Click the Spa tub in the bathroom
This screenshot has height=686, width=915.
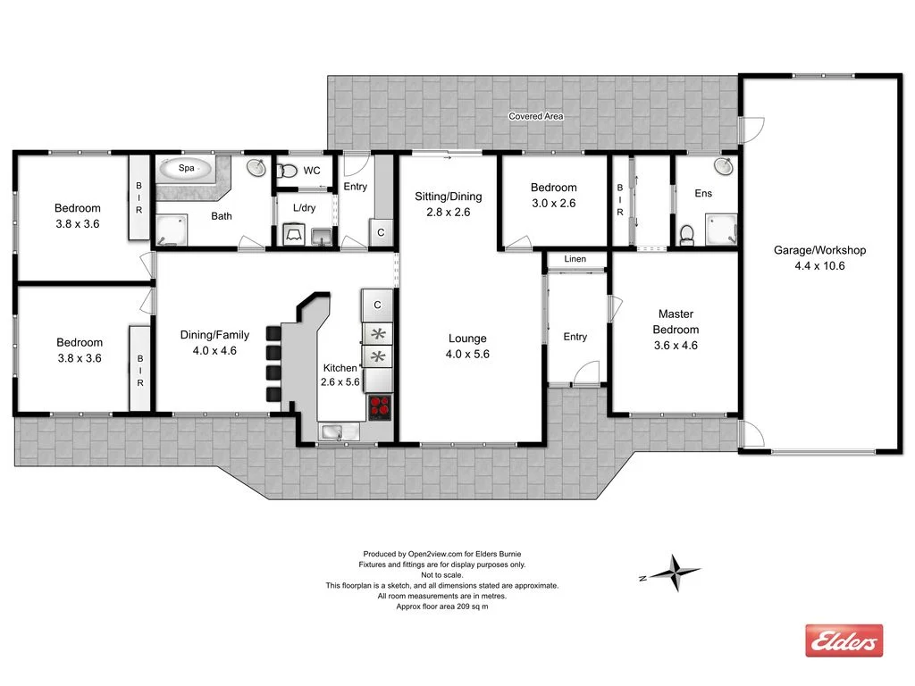pos(186,168)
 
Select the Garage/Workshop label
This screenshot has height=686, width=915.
pos(819,250)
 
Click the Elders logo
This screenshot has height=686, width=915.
pos(844,640)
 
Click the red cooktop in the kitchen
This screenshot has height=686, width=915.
pos(379,407)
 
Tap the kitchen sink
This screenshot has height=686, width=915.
pos(332,433)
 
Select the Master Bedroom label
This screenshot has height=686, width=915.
pos(676,322)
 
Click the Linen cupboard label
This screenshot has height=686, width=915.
pos(575,260)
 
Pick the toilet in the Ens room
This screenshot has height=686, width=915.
pos(686,234)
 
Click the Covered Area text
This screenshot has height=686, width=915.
pos(536,116)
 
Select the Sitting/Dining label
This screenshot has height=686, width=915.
pos(448,197)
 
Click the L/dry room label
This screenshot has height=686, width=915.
pos(304,208)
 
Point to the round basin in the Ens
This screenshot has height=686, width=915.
pos(723,167)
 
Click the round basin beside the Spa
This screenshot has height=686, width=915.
pos(256,168)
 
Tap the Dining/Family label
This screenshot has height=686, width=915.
pos(214,335)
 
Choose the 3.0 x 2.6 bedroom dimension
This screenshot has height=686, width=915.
pos(553,203)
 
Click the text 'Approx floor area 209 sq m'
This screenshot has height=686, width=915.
pos(441,607)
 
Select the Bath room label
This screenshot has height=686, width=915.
pos(222,216)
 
